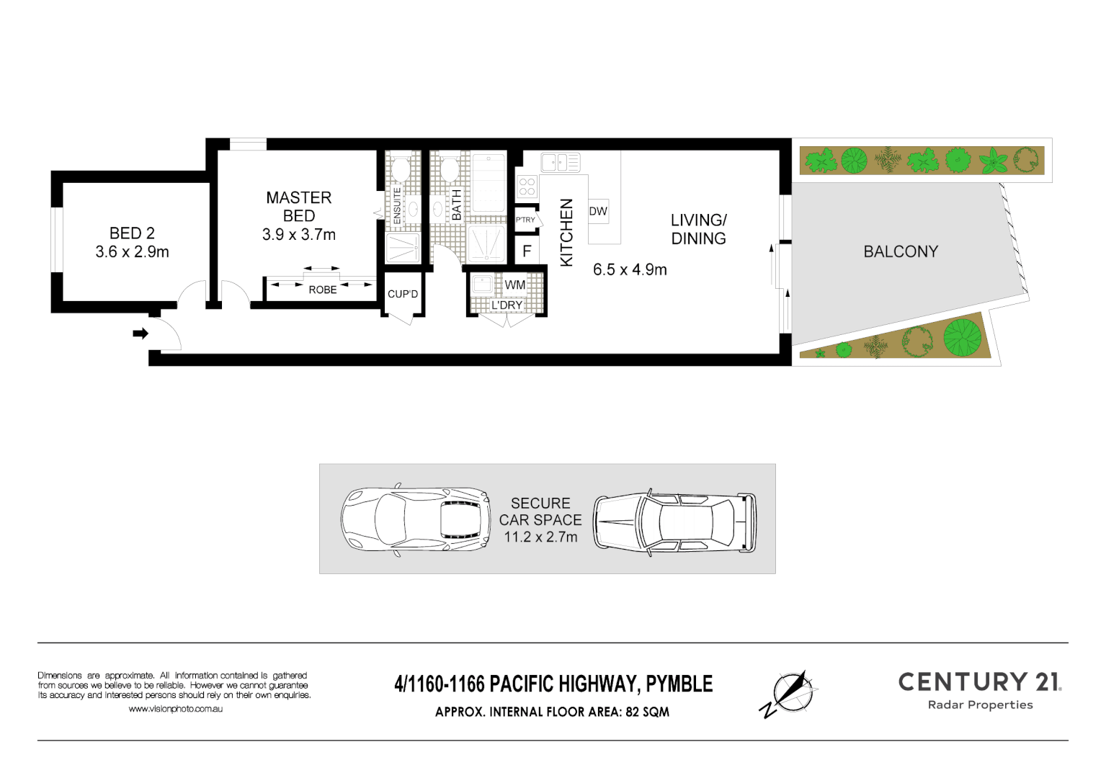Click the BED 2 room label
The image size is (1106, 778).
click(132, 233)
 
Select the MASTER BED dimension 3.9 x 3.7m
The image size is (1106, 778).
click(298, 235)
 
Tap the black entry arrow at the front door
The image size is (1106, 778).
click(141, 334)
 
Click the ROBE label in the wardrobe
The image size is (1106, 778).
click(322, 290)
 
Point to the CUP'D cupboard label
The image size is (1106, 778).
click(403, 294)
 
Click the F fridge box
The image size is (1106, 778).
click(527, 251)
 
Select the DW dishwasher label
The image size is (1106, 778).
click(598, 211)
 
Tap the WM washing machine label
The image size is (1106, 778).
click(514, 285)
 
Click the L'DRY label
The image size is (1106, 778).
click(507, 305)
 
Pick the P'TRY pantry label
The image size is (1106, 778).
click(525, 220)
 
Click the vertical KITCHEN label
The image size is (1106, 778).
click(566, 232)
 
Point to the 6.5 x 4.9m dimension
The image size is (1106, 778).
click(630, 270)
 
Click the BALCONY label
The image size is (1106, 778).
click(901, 251)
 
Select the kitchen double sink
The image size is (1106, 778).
click(561, 163)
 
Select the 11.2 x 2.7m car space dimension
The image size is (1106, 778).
click(540, 537)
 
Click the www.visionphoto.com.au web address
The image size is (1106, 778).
click(175, 709)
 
